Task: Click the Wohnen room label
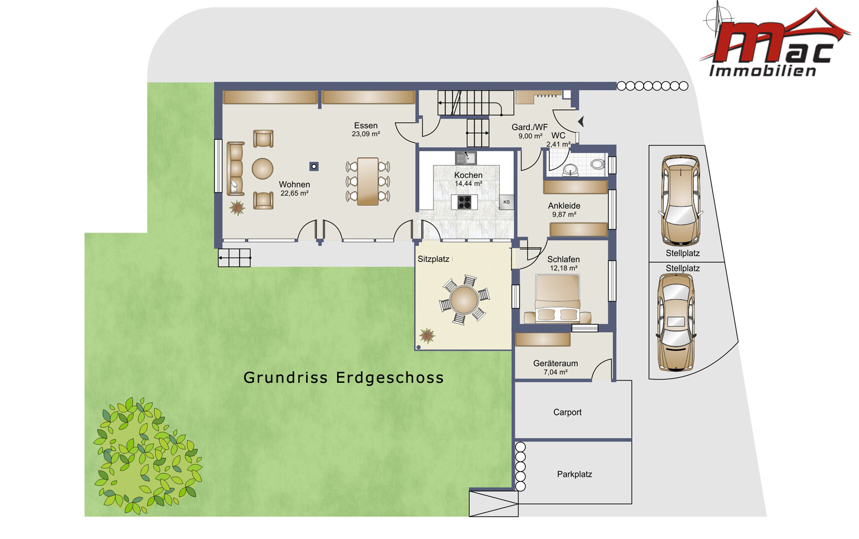coord(294,188)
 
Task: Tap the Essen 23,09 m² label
coord(366,129)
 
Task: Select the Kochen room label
coord(468,179)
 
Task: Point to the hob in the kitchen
coord(464,202)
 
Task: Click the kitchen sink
coord(465,158)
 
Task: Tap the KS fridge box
coord(506,202)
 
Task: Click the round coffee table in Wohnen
coord(262,169)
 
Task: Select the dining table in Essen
coord(368,181)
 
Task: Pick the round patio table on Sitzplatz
coord(464,300)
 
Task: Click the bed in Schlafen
coord(557,298)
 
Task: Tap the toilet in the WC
coord(597,164)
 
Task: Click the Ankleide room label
coord(564,210)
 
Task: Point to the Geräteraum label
coord(555,367)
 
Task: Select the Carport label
coord(567,412)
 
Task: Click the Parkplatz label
coord(574,474)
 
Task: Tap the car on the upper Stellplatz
coord(680,201)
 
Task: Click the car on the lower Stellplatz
coord(676,322)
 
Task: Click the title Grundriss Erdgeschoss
coord(344,378)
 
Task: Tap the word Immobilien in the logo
coord(763,71)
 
